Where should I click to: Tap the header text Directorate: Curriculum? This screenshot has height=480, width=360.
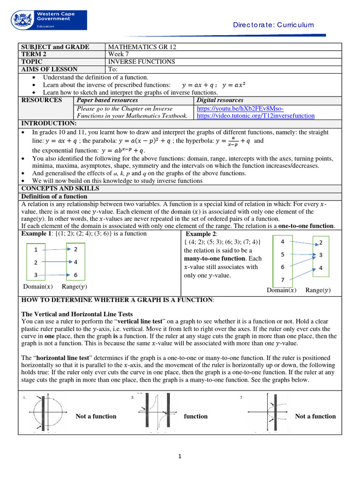pos(273,25)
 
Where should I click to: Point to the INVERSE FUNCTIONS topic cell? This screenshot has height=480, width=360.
pos(142,61)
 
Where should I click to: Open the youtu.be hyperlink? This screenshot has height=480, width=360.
pos(240,108)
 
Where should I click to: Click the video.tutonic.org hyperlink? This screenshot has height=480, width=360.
pos(255,115)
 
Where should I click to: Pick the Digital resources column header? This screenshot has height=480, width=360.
pos(220,100)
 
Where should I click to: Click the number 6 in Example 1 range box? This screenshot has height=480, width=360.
pos(75,275)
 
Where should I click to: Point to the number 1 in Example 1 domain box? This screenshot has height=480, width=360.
pos(36,250)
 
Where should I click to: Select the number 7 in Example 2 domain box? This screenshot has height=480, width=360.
pos(282,280)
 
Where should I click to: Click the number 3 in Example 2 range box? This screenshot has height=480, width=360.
pos(320,255)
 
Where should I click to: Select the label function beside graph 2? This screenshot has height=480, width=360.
pos(195,416)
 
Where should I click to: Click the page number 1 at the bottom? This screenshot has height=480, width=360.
pos(180,457)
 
